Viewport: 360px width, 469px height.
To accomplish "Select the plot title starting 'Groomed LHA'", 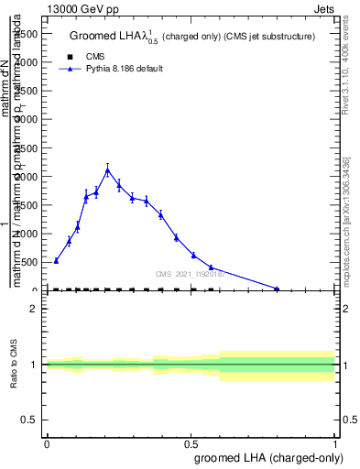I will click(x=191, y=36).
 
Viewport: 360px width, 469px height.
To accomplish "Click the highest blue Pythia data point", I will click(x=107, y=170).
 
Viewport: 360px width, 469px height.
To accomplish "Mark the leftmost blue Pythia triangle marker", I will click(x=56, y=260).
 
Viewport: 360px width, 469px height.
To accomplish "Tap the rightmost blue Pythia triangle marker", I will click(x=277, y=289).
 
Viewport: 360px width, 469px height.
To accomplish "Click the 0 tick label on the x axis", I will click(x=47, y=448).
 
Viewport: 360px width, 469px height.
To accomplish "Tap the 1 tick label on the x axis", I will click(x=335, y=448).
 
